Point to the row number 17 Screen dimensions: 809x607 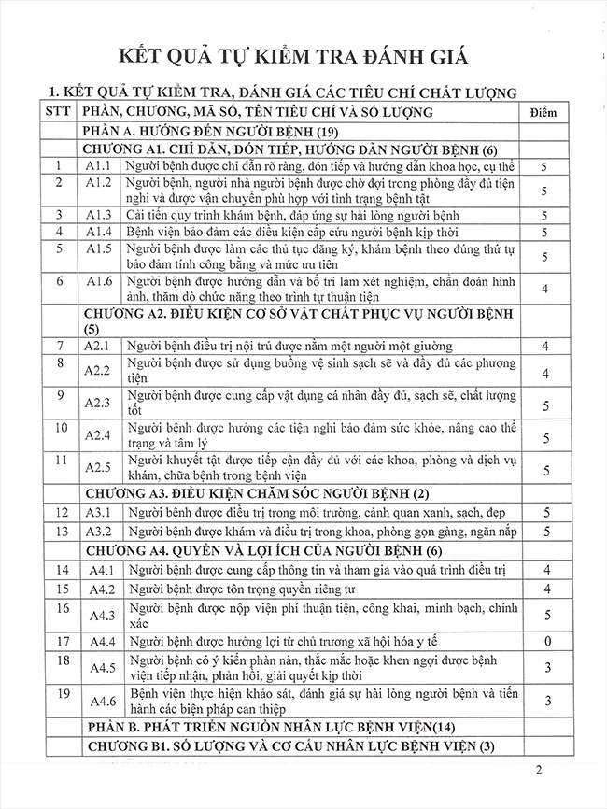pos(61,642)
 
